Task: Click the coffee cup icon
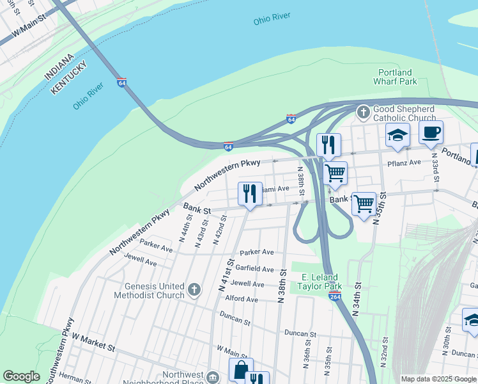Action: pos(431,132)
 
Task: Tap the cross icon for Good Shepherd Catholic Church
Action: pos(363,113)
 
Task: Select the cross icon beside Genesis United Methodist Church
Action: pos(194,290)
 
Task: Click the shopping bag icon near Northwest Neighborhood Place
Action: pos(241,370)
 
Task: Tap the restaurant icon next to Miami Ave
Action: pos(250,193)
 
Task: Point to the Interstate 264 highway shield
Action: pos(334,296)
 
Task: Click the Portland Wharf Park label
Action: pos(395,77)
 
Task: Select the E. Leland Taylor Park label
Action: pos(320,282)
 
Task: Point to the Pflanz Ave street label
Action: pos(404,163)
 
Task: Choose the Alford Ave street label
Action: pos(242,299)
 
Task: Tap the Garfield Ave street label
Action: pos(255,269)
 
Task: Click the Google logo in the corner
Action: pos(21,376)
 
